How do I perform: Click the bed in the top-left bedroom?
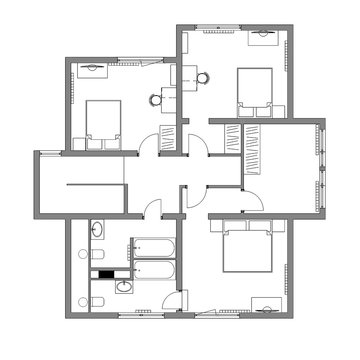100,124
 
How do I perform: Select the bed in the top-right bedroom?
255,88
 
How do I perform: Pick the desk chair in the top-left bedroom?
155,98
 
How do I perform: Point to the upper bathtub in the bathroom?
152,246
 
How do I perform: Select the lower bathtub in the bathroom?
152,271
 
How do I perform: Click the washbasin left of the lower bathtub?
121,287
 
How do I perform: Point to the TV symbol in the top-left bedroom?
91,67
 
